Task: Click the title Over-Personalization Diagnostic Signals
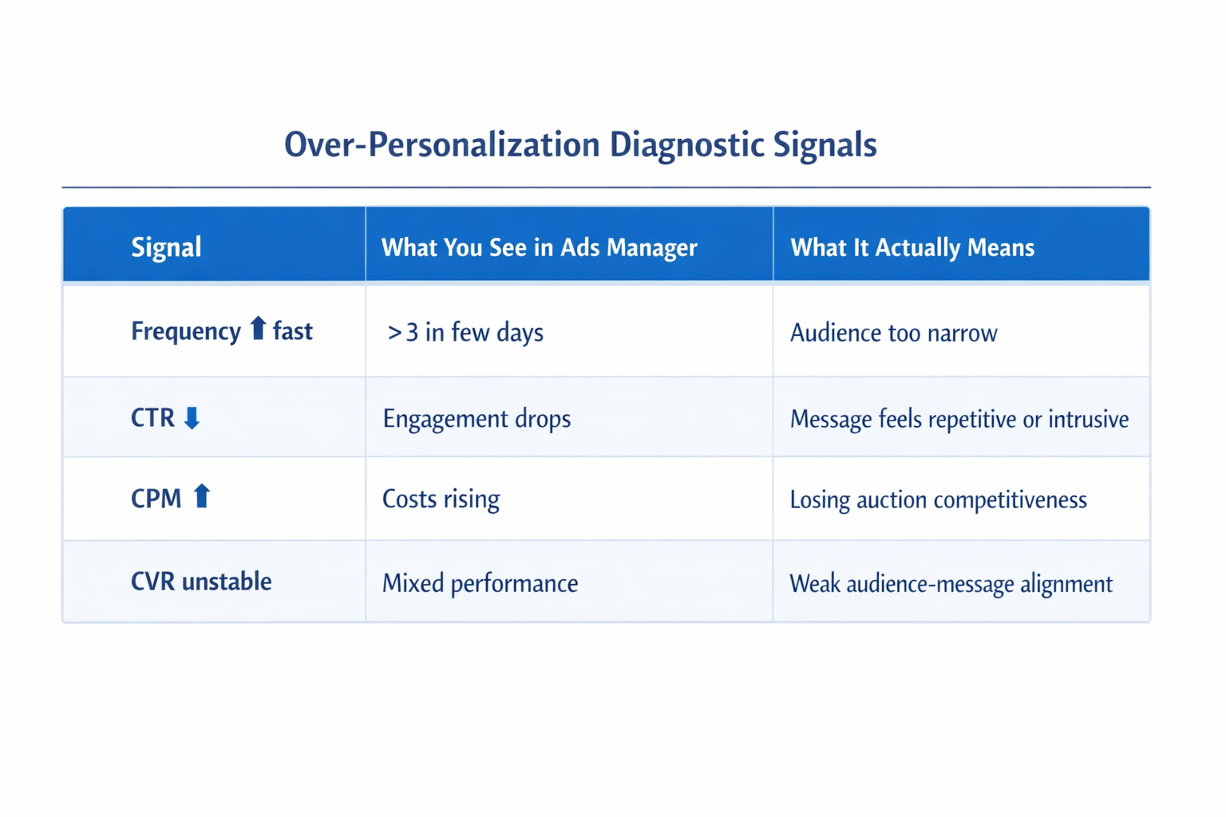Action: tap(580, 145)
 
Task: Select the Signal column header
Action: tap(166, 247)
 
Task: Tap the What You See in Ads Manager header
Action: tap(539, 247)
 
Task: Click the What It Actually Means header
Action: tap(912, 247)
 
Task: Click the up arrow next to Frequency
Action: tap(257, 328)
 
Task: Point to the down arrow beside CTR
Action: tap(192, 417)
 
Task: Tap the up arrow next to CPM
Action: tap(202, 496)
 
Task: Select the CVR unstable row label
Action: tap(201, 582)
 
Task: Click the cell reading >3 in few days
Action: tap(465, 332)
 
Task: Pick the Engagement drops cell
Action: tap(477, 419)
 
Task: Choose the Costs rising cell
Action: tap(441, 499)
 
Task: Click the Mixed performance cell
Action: tap(480, 583)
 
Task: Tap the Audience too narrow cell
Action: tap(893, 333)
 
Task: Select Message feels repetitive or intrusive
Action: tap(959, 419)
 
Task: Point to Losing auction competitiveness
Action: tap(938, 500)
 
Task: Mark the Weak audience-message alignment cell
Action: tap(951, 584)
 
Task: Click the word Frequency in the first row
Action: tap(185, 331)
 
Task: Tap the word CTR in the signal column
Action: tap(152, 418)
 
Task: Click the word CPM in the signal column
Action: tap(156, 499)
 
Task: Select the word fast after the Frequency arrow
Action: tap(293, 331)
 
